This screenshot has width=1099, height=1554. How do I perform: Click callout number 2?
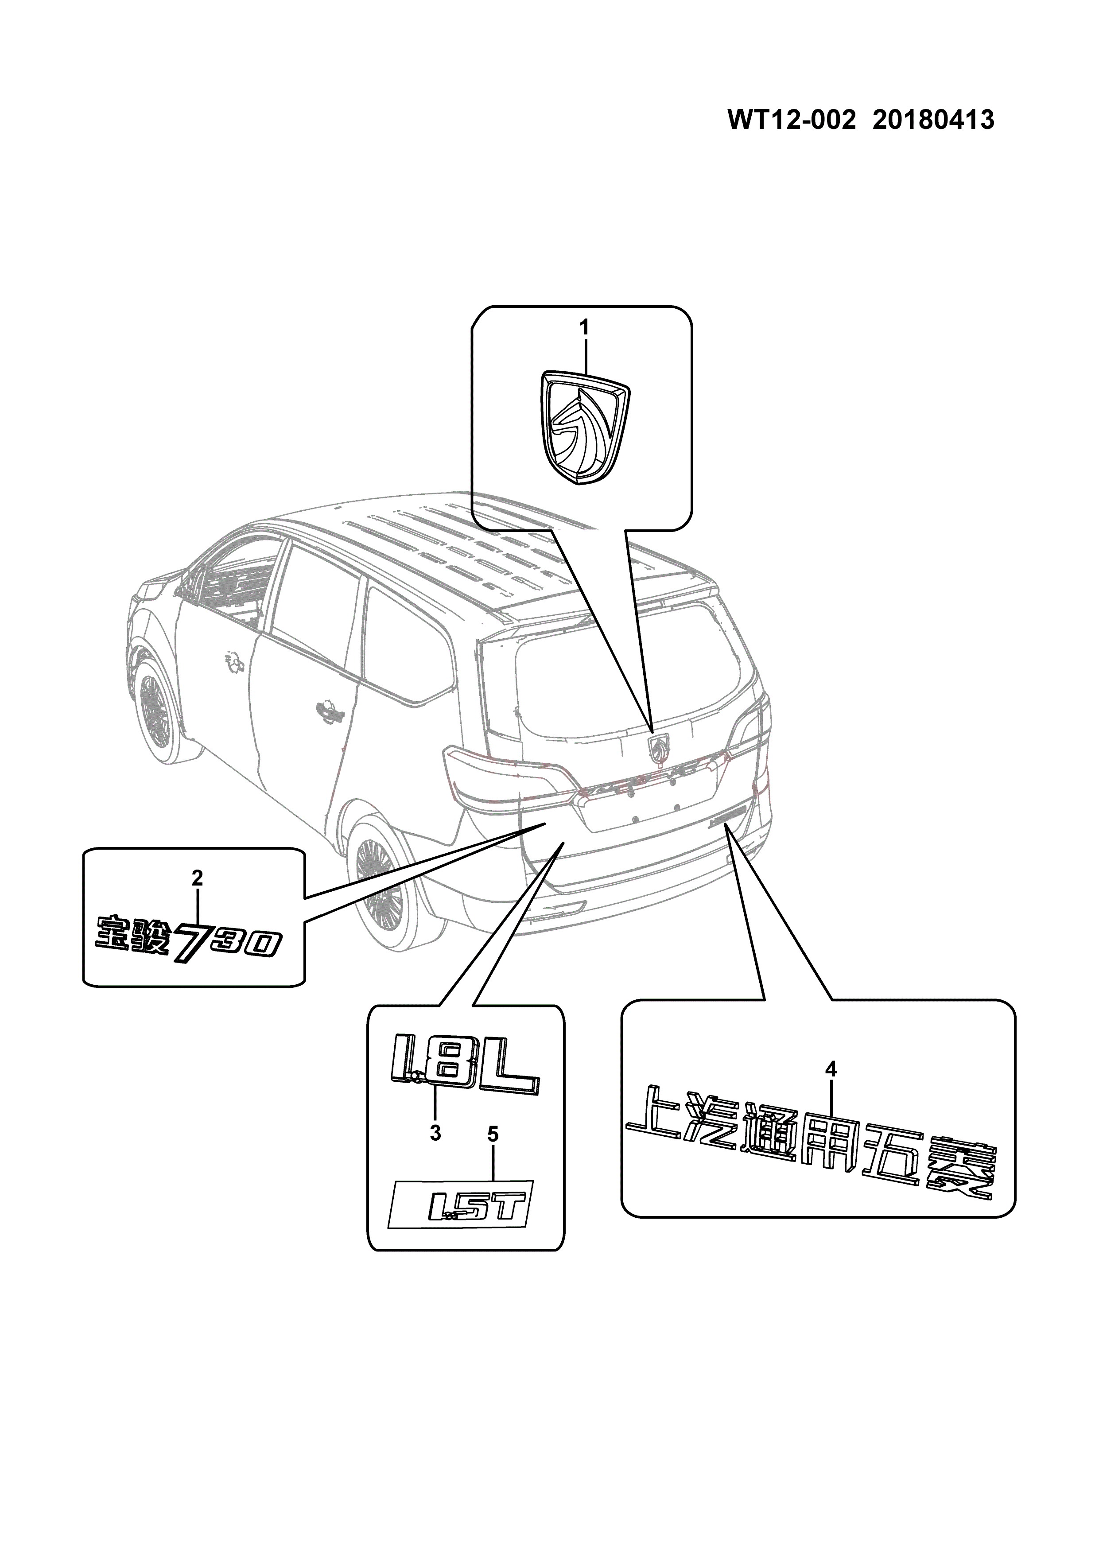tap(197, 878)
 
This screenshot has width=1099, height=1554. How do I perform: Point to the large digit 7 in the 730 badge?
tap(187, 943)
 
